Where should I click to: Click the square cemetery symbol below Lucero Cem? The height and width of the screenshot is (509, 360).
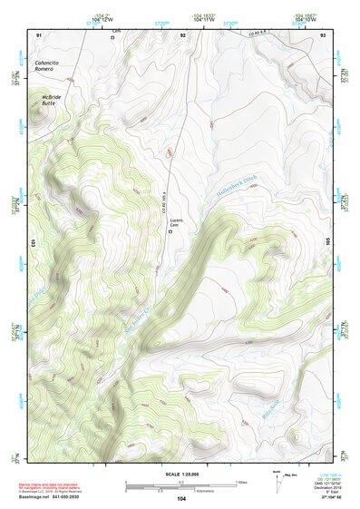(x=172, y=232)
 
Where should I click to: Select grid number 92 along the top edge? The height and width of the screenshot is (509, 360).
(x=183, y=34)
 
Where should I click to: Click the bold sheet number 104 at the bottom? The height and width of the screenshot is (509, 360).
(x=180, y=498)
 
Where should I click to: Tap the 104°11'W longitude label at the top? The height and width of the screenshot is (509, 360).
(x=203, y=19)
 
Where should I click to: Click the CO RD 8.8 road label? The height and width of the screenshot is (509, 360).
(x=238, y=36)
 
